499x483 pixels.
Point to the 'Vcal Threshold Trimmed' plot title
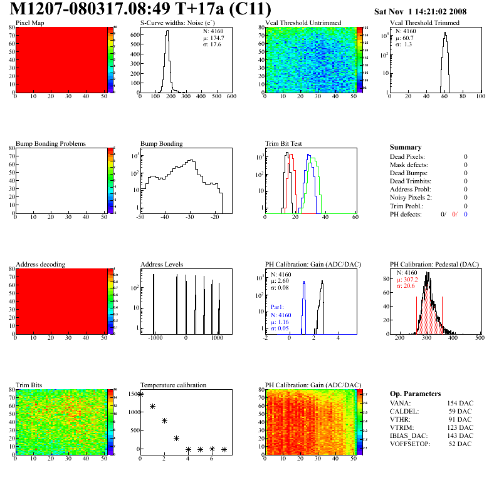point(424,23)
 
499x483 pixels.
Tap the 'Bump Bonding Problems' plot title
point(51,144)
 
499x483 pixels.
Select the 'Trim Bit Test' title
point(284,144)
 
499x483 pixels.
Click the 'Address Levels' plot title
point(162,265)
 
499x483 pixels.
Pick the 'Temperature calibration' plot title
point(173,385)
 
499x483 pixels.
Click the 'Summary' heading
point(406,148)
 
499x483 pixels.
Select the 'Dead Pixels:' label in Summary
point(407,157)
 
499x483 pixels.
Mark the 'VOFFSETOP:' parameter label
point(410,444)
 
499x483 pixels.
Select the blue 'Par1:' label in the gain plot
point(278,308)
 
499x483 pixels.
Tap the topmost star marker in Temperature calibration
point(140,394)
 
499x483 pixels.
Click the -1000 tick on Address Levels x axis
point(154,337)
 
